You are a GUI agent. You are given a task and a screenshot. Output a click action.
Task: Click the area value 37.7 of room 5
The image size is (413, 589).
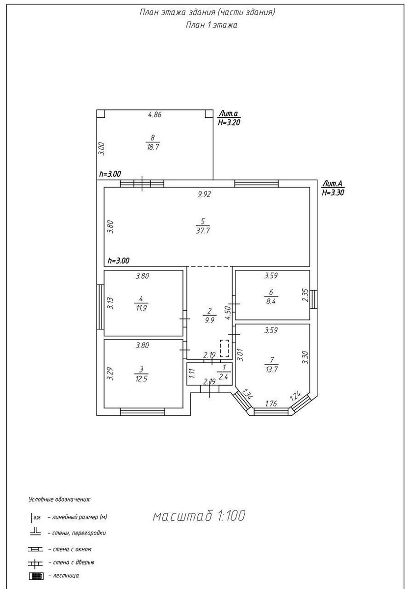click(x=203, y=231)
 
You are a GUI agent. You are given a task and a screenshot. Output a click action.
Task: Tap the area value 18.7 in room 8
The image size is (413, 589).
click(x=153, y=147)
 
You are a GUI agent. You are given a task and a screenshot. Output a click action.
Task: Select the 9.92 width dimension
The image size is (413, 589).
click(x=205, y=194)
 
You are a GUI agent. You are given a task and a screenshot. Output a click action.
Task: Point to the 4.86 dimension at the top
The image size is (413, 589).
click(x=155, y=115)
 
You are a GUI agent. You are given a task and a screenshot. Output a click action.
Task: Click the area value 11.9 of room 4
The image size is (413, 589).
click(x=141, y=308)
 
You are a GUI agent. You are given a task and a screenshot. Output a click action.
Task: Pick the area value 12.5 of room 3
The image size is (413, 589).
click(x=141, y=378)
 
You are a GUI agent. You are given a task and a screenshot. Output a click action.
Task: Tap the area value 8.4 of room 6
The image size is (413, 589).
click(x=271, y=301)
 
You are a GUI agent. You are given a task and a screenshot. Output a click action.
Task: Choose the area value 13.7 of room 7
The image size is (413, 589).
click(x=271, y=369)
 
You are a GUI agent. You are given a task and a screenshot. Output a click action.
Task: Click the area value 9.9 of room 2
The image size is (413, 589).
click(x=209, y=320)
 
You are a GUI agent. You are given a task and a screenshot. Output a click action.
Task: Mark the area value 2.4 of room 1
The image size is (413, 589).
click(x=223, y=377)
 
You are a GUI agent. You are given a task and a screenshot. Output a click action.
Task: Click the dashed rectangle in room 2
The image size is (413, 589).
click(x=224, y=348)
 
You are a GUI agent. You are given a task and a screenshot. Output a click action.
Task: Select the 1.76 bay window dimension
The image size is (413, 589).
click(x=271, y=403)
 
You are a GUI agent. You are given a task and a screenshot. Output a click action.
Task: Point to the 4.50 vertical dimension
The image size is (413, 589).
click(x=228, y=313)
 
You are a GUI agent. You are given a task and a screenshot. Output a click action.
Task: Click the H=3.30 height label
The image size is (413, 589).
click(x=333, y=193)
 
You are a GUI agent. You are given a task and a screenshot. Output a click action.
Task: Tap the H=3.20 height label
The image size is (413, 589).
click(x=229, y=123)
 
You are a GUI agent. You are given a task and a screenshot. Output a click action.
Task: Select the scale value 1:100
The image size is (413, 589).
click(x=231, y=516)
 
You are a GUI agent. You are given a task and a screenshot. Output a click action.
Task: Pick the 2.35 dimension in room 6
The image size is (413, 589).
click(x=305, y=295)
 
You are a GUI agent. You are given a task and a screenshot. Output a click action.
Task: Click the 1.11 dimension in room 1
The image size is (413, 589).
click(x=192, y=374)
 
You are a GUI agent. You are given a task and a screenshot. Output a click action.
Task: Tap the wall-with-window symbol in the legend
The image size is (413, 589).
click(x=35, y=549)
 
